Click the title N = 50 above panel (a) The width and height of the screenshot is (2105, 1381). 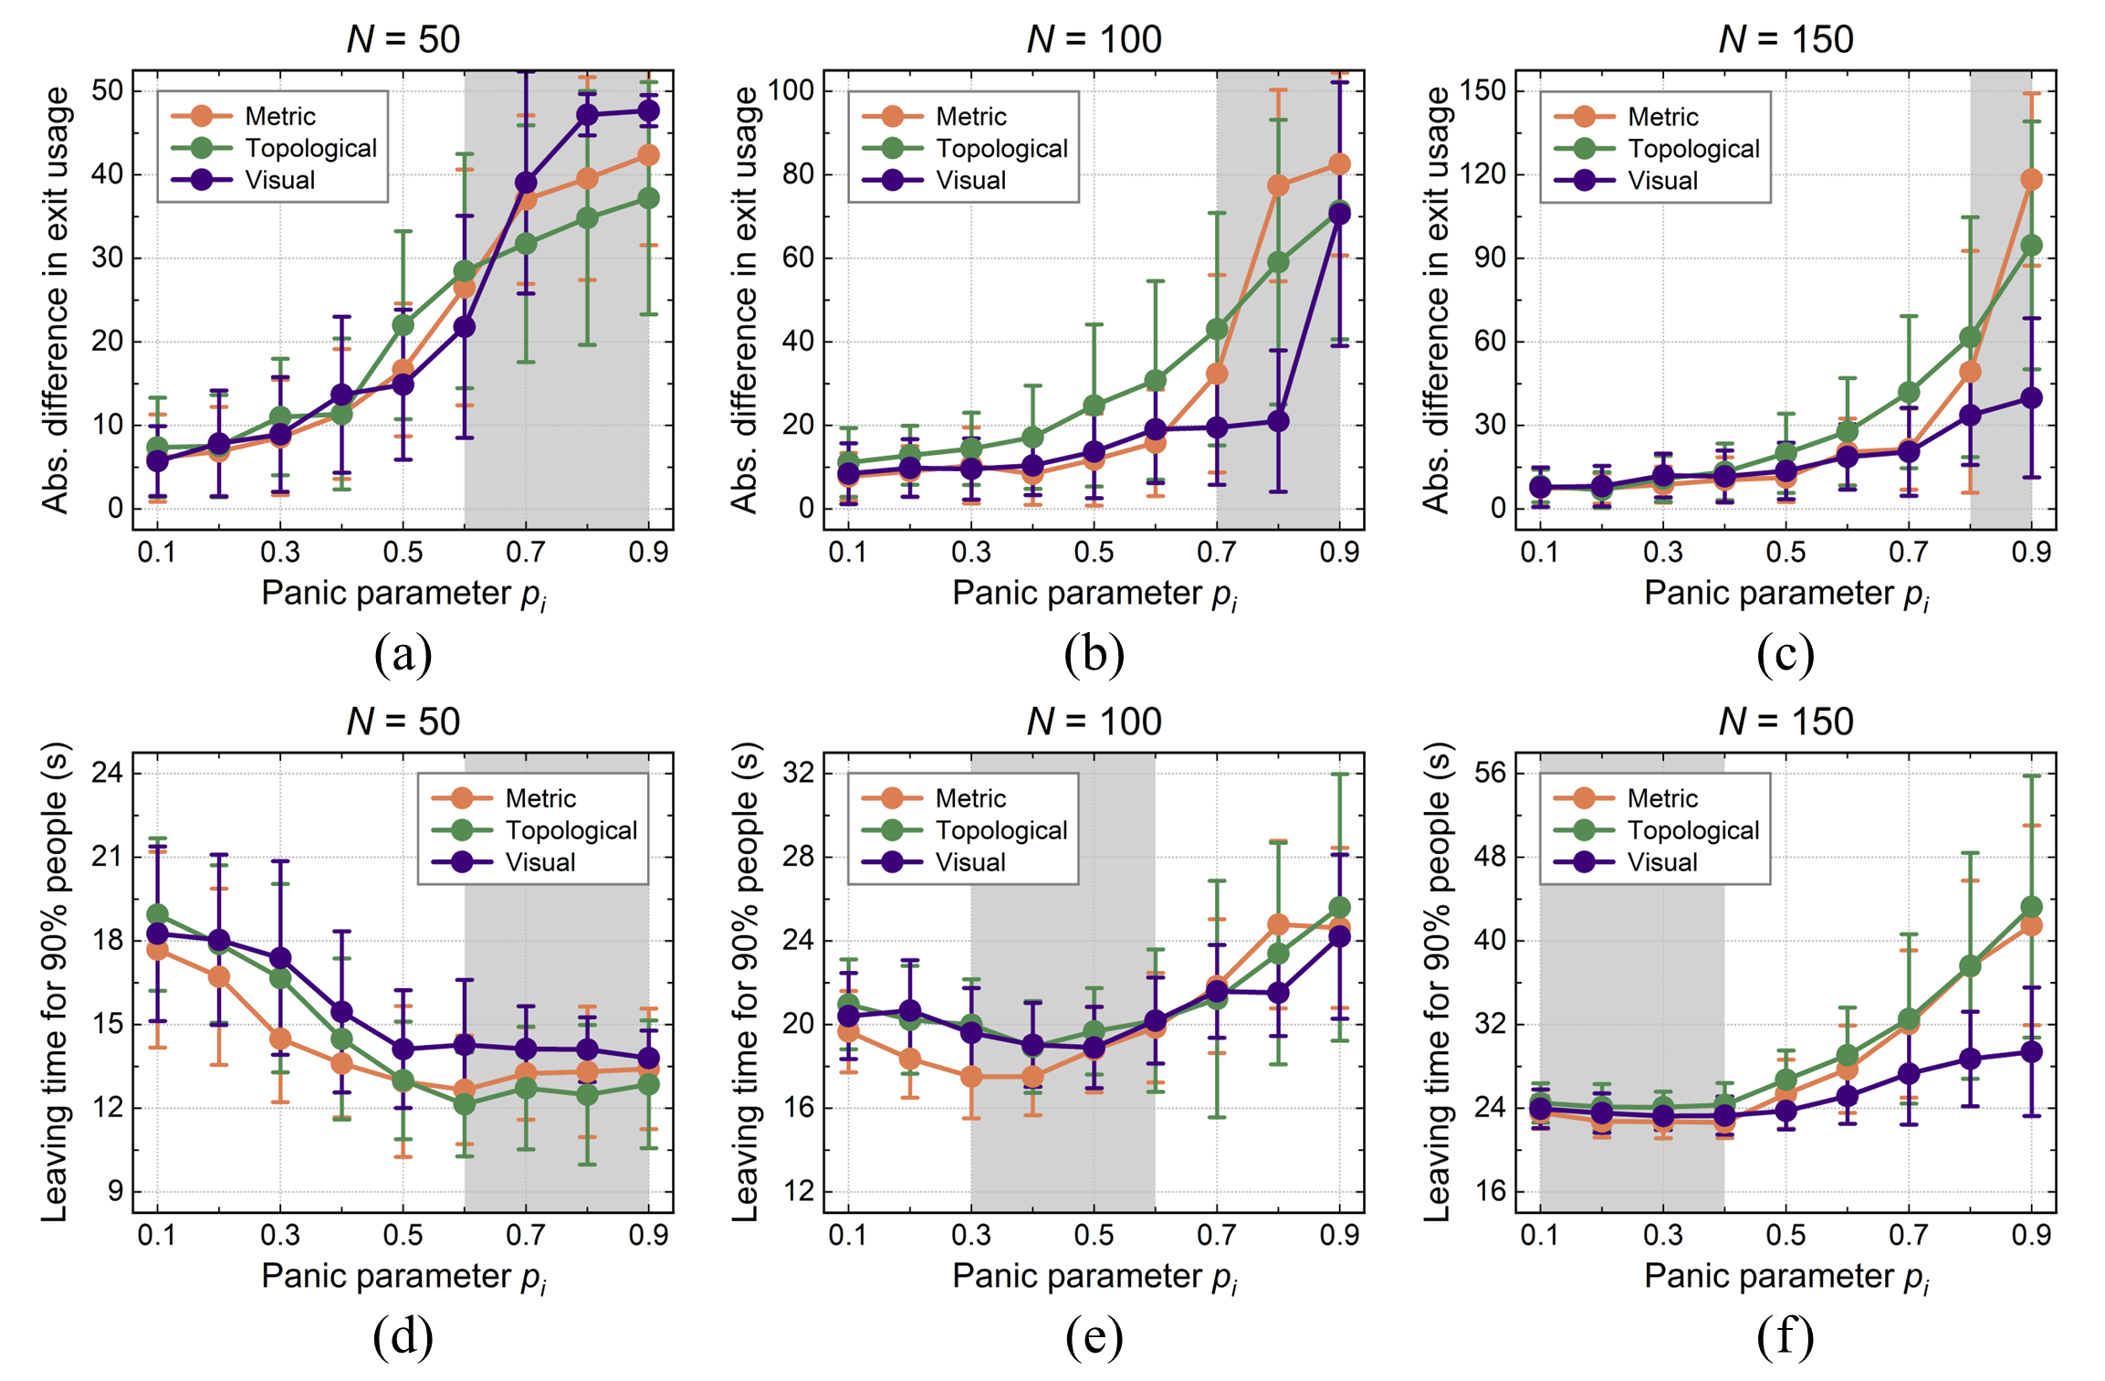tap(403, 39)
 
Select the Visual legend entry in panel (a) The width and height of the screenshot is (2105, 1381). tap(279, 180)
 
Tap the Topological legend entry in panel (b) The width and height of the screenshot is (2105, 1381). tap(1001, 148)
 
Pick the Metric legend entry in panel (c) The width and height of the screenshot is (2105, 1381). tap(1662, 116)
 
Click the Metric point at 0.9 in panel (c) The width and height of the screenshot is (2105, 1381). tap(2031, 179)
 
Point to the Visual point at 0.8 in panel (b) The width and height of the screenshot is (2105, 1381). tap(1278, 421)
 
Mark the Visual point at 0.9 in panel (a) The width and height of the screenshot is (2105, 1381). tap(648, 111)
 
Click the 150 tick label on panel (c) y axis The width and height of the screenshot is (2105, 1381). tap(1482, 90)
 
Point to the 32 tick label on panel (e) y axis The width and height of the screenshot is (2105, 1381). tap(799, 773)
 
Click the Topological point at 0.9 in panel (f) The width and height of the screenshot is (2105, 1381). tap(2031, 907)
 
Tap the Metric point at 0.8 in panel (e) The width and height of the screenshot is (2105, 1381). tap(1278, 924)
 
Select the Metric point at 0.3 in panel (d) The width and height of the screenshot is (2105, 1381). tap(280, 1038)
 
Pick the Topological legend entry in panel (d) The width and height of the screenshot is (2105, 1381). tap(571, 830)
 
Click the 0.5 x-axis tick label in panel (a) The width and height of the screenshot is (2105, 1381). tap(403, 552)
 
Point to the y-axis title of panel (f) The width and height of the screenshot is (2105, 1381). tap(1437, 982)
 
